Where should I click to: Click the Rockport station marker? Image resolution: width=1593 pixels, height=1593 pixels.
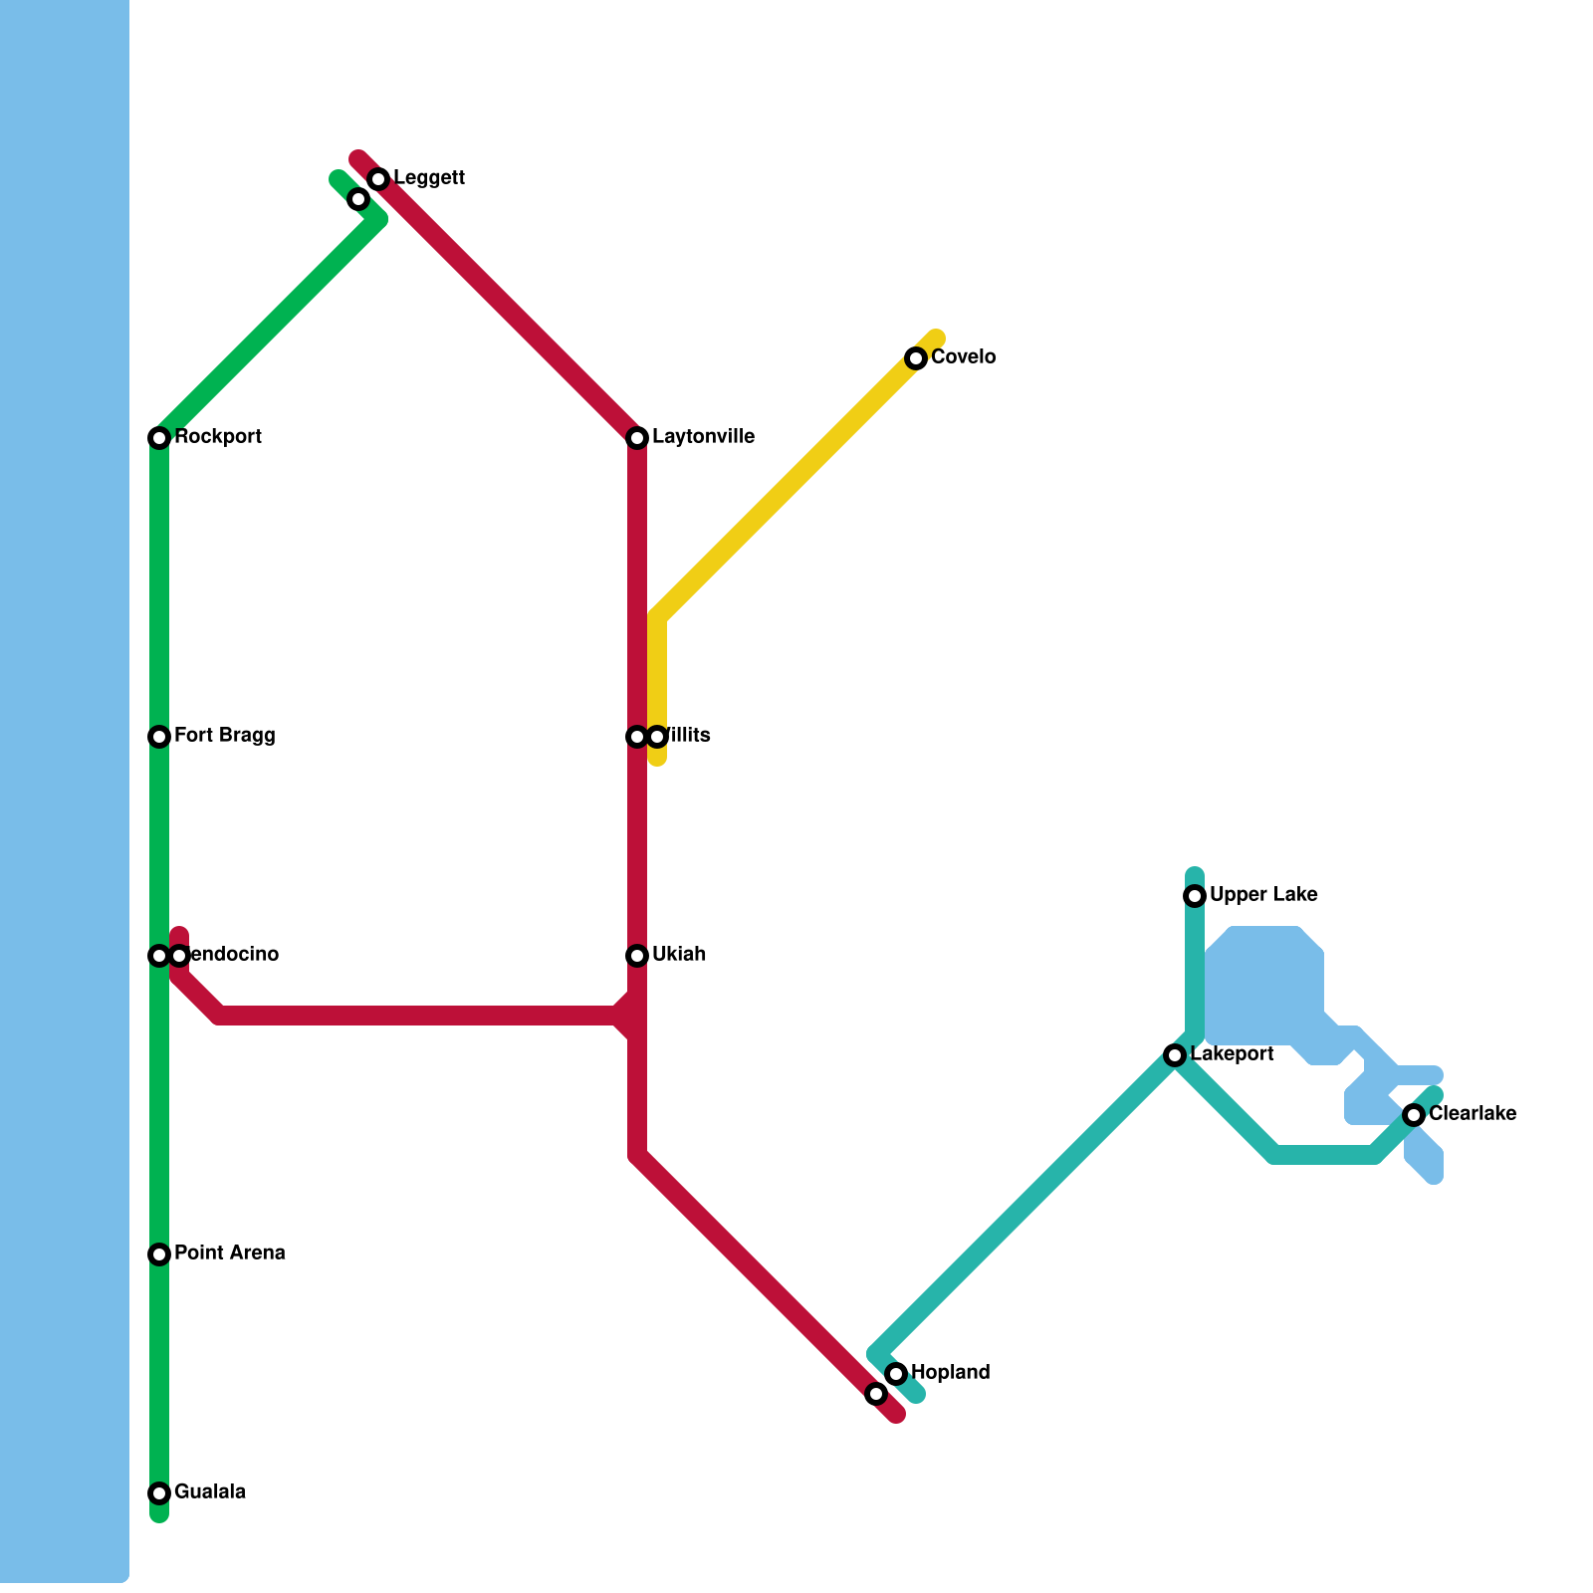click(x=159, y=438)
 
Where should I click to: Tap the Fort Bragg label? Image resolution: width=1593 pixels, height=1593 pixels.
click(x=224, y=736)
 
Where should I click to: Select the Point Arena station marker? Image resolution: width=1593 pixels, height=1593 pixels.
click(x=159, y=1254)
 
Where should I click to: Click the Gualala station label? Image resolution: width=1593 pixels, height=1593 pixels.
click(x=209, y=1492)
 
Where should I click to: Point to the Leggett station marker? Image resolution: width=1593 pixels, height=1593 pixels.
click(x=378, y=179)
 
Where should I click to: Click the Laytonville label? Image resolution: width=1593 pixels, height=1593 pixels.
click(x=703, y=437)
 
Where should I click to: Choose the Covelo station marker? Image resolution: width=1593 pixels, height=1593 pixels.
click(x=916, y=358)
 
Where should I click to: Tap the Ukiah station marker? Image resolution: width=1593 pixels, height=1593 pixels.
click(x=637, y=956)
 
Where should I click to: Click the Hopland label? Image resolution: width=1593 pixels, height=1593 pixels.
click(x=950, y=1373)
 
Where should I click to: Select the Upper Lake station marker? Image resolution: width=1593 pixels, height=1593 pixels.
click(x=1195, y=896)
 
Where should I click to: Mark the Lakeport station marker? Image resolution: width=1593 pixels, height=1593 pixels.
click(x=1175, y=1055)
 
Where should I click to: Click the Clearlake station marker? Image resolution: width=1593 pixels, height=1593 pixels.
click(x=1414, y=1115)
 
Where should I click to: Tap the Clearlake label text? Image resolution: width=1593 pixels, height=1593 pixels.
click(x=1472, y=1114)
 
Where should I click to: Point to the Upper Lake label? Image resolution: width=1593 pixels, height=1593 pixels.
click(x=1263, y=895)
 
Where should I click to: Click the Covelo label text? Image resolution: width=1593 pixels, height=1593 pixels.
click(x=963, y=357)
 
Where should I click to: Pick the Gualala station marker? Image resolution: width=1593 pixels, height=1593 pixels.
click(x=159, y=1493)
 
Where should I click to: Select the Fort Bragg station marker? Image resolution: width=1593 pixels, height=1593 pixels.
click(x=159, y=737)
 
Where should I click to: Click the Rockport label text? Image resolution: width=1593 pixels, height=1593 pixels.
click(x=217, y=437)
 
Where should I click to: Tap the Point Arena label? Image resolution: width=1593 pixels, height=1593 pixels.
click(x=229, y=1253)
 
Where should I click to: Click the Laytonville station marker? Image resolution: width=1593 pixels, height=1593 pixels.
click(x=637, y=438)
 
